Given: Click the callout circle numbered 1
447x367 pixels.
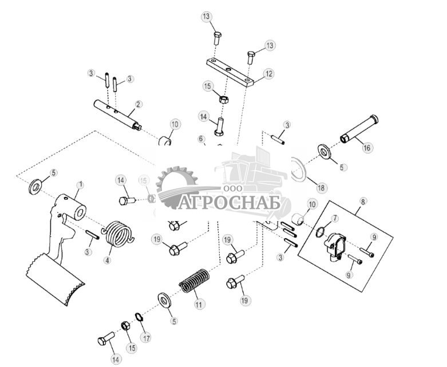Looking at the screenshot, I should [x=81, y=185].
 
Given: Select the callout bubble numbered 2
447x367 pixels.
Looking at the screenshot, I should [x=139, y=105].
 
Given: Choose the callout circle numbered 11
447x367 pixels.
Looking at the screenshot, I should [x=198, y=305].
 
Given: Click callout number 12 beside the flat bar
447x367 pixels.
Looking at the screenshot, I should [x=268, y=73].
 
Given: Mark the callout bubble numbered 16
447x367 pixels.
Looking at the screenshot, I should [x=367, y=147].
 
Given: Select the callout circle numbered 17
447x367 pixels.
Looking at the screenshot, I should [x=147, y=338].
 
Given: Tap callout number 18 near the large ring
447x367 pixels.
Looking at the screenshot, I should [x=322, y=188].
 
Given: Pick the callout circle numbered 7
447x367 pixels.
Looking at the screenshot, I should [x=335, y=219].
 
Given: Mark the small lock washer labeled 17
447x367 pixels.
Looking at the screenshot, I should [x=139, y=317].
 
